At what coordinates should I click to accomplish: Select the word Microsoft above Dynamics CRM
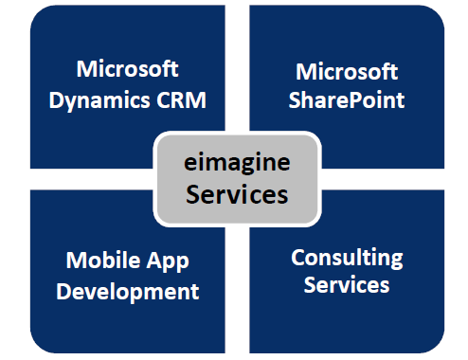coord(128,69)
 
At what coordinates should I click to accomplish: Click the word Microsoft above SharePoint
coord(347,72)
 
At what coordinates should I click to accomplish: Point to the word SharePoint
coord(347,99)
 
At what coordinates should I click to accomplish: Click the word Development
coord(128,290)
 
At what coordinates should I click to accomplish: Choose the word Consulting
coord(347,257)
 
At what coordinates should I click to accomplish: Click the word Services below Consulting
coord(347,283)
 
